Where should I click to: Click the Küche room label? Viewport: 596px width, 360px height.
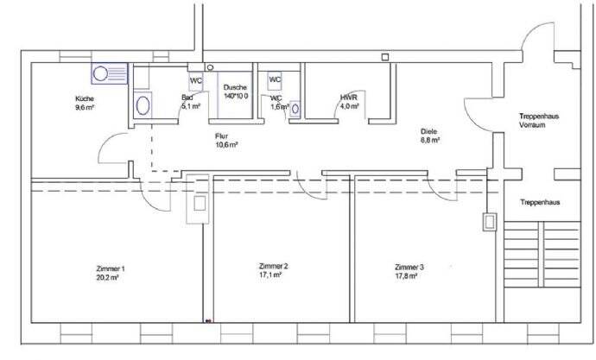(86, 100)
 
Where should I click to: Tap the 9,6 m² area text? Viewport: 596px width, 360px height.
(85, 110)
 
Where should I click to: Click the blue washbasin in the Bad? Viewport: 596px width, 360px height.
(144, 104)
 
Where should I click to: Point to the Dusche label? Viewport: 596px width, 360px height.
(235, 87)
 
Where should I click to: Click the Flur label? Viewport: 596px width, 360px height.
(223, 136)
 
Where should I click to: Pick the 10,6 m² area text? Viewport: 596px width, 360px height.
(226, 145)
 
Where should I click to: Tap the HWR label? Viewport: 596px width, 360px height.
(348, 98)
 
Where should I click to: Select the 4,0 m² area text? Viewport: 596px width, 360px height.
(349, 107)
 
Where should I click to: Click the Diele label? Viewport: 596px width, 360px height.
(430, 130)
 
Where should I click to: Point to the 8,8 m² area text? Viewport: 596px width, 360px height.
(430, 139)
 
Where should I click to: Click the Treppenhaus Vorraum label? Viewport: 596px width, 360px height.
(537, 120)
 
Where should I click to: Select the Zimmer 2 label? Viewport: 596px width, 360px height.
(273, 266)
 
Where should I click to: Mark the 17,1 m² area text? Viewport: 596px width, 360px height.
(273, 275)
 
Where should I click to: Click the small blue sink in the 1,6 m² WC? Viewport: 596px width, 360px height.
(296, 109)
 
